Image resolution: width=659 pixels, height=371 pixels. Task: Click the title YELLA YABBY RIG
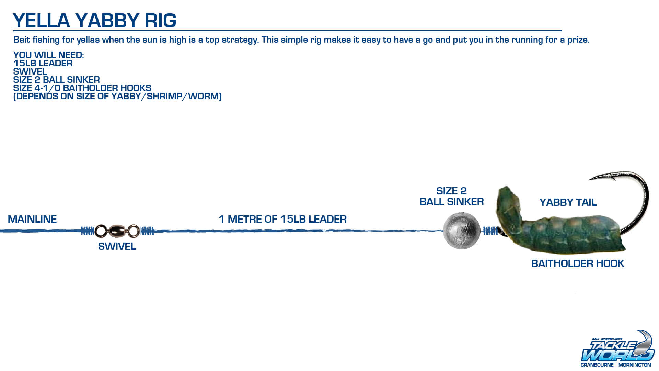[x=95, y=20]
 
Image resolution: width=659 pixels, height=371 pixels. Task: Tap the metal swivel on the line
[x=117, y=231]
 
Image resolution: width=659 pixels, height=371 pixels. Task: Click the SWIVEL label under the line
[x=117, y=246]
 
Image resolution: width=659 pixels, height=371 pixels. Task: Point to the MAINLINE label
[x=32, y=219]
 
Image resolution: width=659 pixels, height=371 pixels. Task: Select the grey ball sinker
[x=462, y=231]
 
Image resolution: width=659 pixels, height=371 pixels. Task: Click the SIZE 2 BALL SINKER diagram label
[x=452, y=196]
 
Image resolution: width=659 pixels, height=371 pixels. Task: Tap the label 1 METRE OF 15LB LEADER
[x=283, y=219]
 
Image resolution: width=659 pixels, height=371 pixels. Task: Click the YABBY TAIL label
[x=568, y=202]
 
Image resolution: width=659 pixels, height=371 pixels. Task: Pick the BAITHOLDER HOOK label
[x=578, y=263]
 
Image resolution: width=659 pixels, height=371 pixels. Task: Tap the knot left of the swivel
[x=87, y=231]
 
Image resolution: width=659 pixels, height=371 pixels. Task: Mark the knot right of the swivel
[x=147, y=231]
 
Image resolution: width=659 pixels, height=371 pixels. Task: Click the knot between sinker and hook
[x=490, y=231]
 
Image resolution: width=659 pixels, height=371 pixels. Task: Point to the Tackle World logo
[x=617, y=349]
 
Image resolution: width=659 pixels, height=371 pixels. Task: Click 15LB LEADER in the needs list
[x=43, y=64]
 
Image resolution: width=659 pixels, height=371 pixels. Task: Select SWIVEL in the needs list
[x=30, y=72]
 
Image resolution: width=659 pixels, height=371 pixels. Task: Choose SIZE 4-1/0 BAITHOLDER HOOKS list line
[x=82, y=88]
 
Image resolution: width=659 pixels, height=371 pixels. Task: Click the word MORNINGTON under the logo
[x=635, y=365]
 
